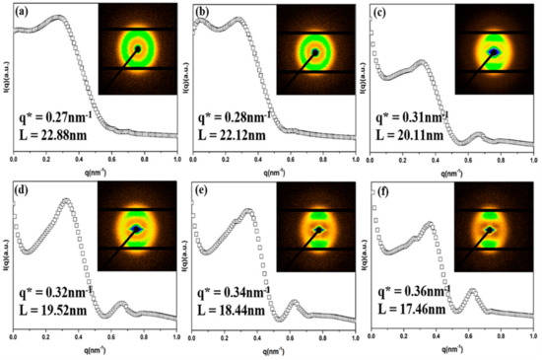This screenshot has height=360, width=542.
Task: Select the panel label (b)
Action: click(203, 12)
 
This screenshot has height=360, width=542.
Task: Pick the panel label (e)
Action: click(203, 188)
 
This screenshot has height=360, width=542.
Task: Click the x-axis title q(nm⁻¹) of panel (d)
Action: click(95, 350)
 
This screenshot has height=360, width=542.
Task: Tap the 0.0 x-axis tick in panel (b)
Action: click(193, 159)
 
